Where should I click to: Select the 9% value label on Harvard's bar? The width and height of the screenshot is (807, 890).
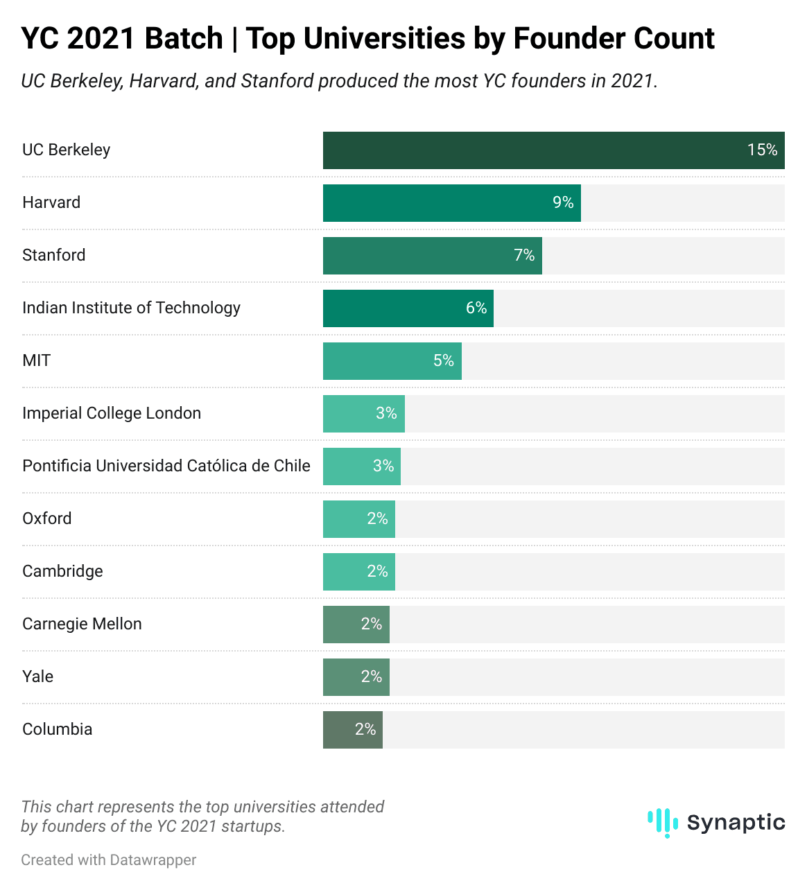pos(563,202)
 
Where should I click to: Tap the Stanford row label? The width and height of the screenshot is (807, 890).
pos(54,255)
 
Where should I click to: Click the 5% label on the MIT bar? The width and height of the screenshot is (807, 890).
pos(444,360)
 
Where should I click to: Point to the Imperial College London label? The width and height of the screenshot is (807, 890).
pos(112,413)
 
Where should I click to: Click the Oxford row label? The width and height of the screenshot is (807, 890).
pos(47,518)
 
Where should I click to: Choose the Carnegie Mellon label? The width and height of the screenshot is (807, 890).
pos(82,624)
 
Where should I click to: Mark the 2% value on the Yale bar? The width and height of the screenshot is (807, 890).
pos(372,677)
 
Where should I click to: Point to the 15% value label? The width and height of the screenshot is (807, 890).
pos(762,150)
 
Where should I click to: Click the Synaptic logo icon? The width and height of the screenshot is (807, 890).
pos(662,822)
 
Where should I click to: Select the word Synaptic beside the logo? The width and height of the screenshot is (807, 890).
pos(736,822)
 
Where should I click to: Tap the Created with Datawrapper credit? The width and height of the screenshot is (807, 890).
pos(109,860)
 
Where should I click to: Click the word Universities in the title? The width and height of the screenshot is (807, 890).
pos(384,38)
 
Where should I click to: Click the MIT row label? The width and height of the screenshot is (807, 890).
pos(37,360)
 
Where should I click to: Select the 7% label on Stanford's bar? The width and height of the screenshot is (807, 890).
pos(524,255)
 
